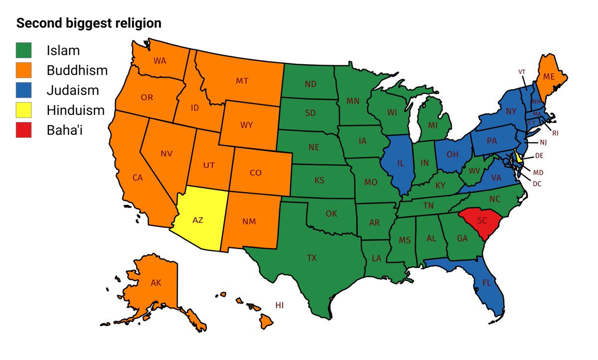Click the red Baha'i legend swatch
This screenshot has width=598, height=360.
pyautogui.click(x=23, y=130)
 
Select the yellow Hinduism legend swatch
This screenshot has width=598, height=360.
pyautogui.click(x=23, y=110)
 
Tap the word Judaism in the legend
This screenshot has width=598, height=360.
pyautogui.click(x=73, y=90)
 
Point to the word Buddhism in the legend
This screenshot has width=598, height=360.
pyautogui.click(x=77, y=70)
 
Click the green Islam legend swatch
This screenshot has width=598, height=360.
pyautogui.click(x=23, y=50)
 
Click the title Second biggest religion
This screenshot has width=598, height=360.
pyautogui.click(x=89, y=23)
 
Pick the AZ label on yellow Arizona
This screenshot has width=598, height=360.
pyautogui.click(x=198, y=220)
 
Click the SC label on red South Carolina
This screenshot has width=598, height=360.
pyautogui.click(x=482, y=221)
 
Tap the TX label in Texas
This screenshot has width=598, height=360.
pyautogui.click(x=311, y=258)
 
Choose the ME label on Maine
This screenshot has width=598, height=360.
pyautogui.click(x=549, y=77)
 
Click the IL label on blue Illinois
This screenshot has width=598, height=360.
pyautogui.click(x=400, y=163)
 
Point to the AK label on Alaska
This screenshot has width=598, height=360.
pyautogui.click(x=156, y=283)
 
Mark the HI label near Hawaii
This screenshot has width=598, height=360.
pyautogui.click(x=280, y=305)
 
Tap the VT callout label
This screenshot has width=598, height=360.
pyautogui.click(x=522, y=72)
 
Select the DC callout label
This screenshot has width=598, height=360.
pyautogui.click(x=537, y=183)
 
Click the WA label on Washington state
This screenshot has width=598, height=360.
pyautogui.click(x=160, y=61)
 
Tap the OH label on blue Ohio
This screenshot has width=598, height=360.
pyautogui.click(x=452, y=154)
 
